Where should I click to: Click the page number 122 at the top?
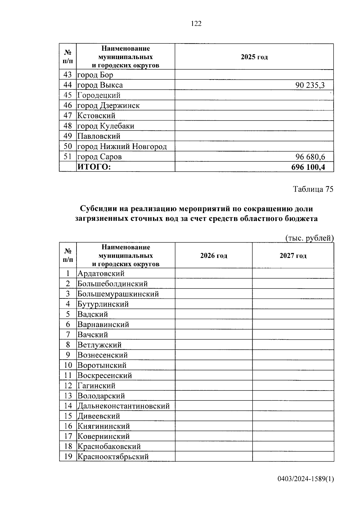(x=196, y=24)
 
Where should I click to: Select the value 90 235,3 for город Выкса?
(x=310, y=85)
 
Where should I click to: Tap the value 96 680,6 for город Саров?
(x=310, y=157)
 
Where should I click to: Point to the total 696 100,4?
(x=308, y=167)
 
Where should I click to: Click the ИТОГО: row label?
(x=94, y=167)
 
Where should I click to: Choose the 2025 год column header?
(x=254, y=57)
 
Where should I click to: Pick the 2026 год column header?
(x=214, y=256)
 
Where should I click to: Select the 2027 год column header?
(x=293, y=256)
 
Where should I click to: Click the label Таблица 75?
(x=313, y=189)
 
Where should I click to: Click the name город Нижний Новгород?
(x=122, y=147)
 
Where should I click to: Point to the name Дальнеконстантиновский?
(x=124, y=406)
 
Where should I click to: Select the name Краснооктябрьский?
(x=113, y=457)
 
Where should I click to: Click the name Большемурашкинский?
(x=118, y=294)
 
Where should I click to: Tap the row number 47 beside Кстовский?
(x=68, y=116)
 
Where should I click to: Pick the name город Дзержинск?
(x=109, y=106)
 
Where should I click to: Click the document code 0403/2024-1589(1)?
(x=305, y=479)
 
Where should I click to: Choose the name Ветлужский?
(x=100, y=345)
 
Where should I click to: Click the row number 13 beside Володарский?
(x=68, y=396)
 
